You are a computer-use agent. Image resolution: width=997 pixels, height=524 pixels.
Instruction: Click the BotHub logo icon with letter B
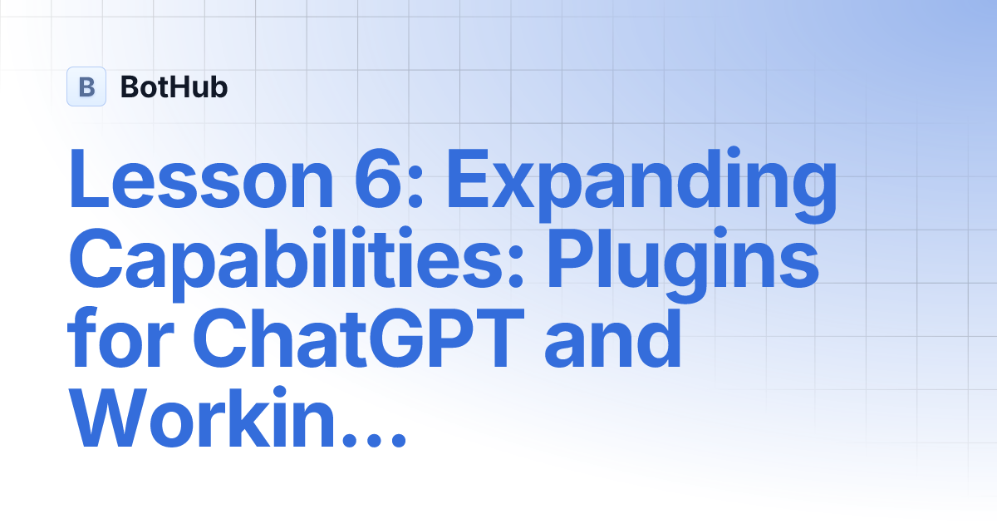click(x=86, y=87)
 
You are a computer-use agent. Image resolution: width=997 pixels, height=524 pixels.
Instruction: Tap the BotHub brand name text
click(x=174, y=87)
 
